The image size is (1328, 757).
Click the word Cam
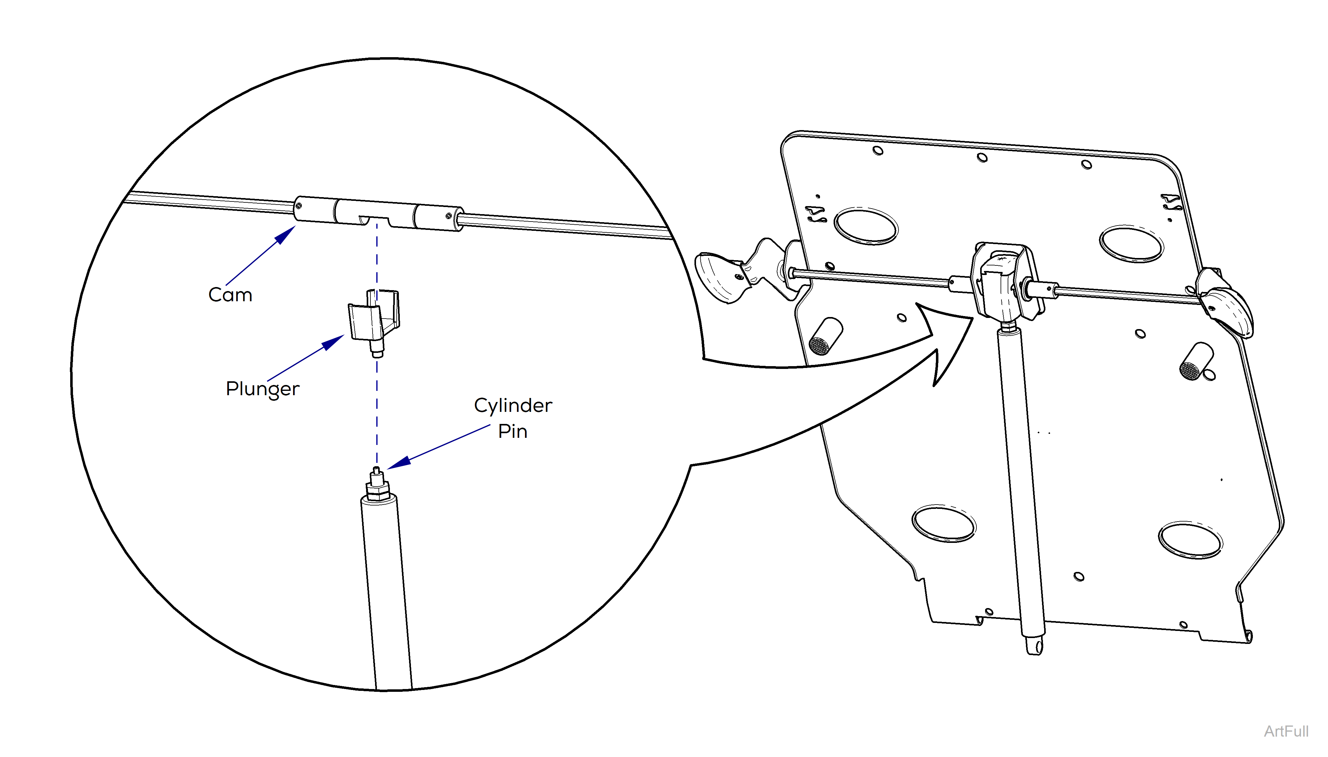[230, 295]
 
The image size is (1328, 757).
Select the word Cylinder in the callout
[513, 405]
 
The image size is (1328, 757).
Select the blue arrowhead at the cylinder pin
[399, 463]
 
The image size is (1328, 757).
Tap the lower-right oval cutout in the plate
[1190, 541]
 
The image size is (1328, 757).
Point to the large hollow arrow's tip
[972, 318]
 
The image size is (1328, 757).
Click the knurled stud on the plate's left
[825, 336]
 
